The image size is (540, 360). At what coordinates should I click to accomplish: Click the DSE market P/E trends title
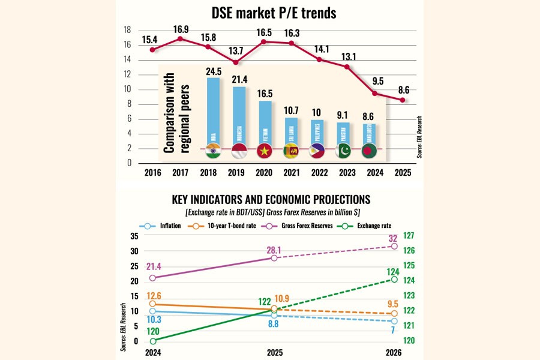(x=269, y=13)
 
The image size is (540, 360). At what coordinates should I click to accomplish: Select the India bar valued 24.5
(x=213, y=111)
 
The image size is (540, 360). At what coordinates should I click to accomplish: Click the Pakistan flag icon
(x=344, y=152)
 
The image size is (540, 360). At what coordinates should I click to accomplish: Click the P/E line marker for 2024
(x=374, y=93)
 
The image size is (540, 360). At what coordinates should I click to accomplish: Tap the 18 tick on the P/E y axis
(x=127, y=30)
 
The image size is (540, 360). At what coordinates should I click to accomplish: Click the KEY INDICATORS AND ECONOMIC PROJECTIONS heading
(x=271, y=199)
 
